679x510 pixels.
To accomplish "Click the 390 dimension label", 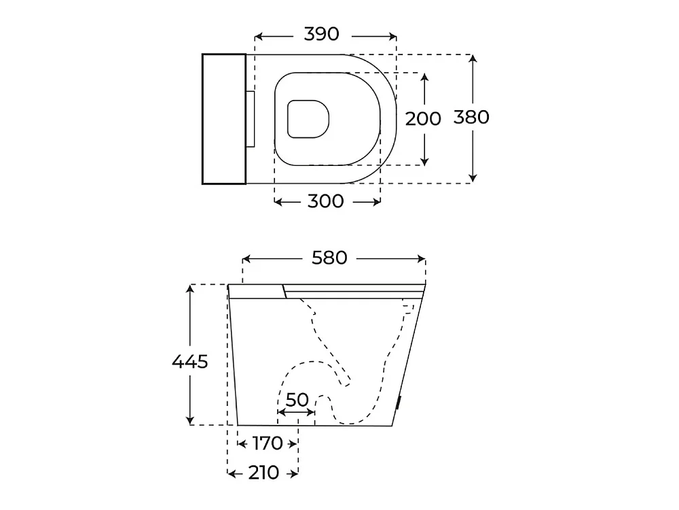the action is tap(321, 34).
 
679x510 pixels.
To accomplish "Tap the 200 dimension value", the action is tap(422, 118).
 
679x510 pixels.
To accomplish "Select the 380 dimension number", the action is tap(471, 117).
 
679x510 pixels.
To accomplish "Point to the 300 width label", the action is tap(325, 201).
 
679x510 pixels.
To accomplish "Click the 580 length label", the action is tap(329, 258).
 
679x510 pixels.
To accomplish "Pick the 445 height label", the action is tap(189, 361).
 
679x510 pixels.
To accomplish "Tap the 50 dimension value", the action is tap(297, 400).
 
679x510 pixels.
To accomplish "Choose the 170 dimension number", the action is tap(267, 443).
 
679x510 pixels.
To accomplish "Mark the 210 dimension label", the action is tap(263, 473).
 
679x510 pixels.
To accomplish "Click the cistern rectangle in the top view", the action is tap(224, 119).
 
